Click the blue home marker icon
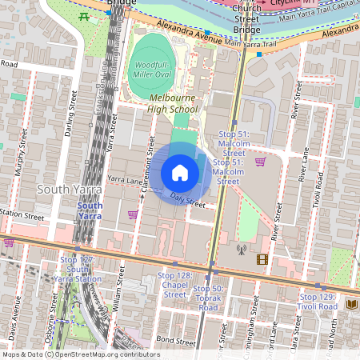pos(180,173)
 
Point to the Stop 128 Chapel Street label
pos(175,285)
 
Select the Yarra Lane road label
pos(124,180)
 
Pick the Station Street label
pos(22,214)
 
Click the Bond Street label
pos(176,341)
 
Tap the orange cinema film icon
pos(262,258)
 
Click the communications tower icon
pos(241,250)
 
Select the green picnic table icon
pos(84,15)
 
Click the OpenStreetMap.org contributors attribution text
pos(104,354)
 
